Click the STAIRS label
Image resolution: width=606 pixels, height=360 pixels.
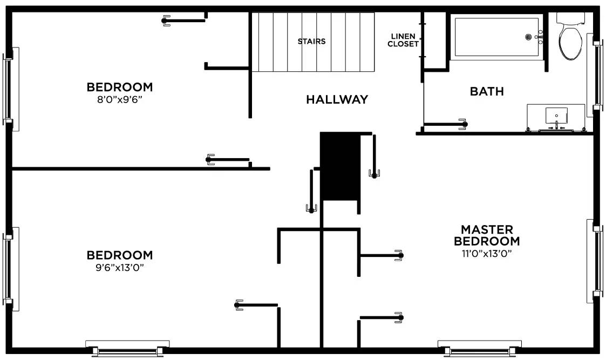click(x=311, y=41)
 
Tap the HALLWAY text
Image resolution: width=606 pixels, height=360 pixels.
click(x=337, y=99)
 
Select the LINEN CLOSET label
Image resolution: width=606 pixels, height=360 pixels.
click(x=403, y=40)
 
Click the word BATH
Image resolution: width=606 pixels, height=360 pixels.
click(x=487, y=91)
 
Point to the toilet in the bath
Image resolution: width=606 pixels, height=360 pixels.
click(x=570, y=39)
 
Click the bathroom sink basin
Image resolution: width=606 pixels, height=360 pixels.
click(x=556, y=116)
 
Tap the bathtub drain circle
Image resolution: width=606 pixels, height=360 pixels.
click(x=529, y=37)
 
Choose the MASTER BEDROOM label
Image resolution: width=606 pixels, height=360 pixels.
click(x=487, y=235)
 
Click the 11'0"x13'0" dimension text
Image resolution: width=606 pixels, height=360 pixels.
click(x=487, y=253)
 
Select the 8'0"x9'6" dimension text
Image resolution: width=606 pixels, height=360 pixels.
click(x=119, y=99)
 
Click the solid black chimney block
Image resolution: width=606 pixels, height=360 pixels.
click(x=340, y=166)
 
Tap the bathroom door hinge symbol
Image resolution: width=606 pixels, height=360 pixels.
click(x=463, y=124)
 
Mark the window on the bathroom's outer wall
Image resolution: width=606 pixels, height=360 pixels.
click(x=597, y=76)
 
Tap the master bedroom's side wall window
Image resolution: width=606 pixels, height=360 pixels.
click(x=597, y=261)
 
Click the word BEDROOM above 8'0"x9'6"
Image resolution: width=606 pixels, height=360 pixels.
click(x=119, y=87)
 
